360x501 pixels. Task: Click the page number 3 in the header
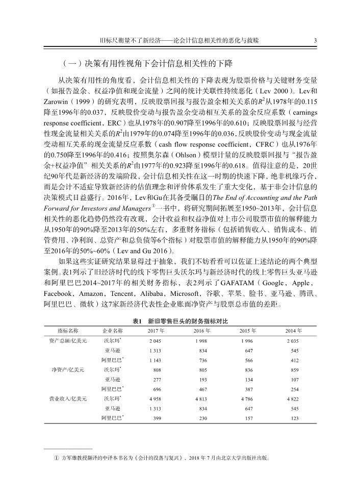pyautogui.click(x=316, y=40)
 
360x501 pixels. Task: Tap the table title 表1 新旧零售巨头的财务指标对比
pyautogui.click(x=179, y=321)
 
